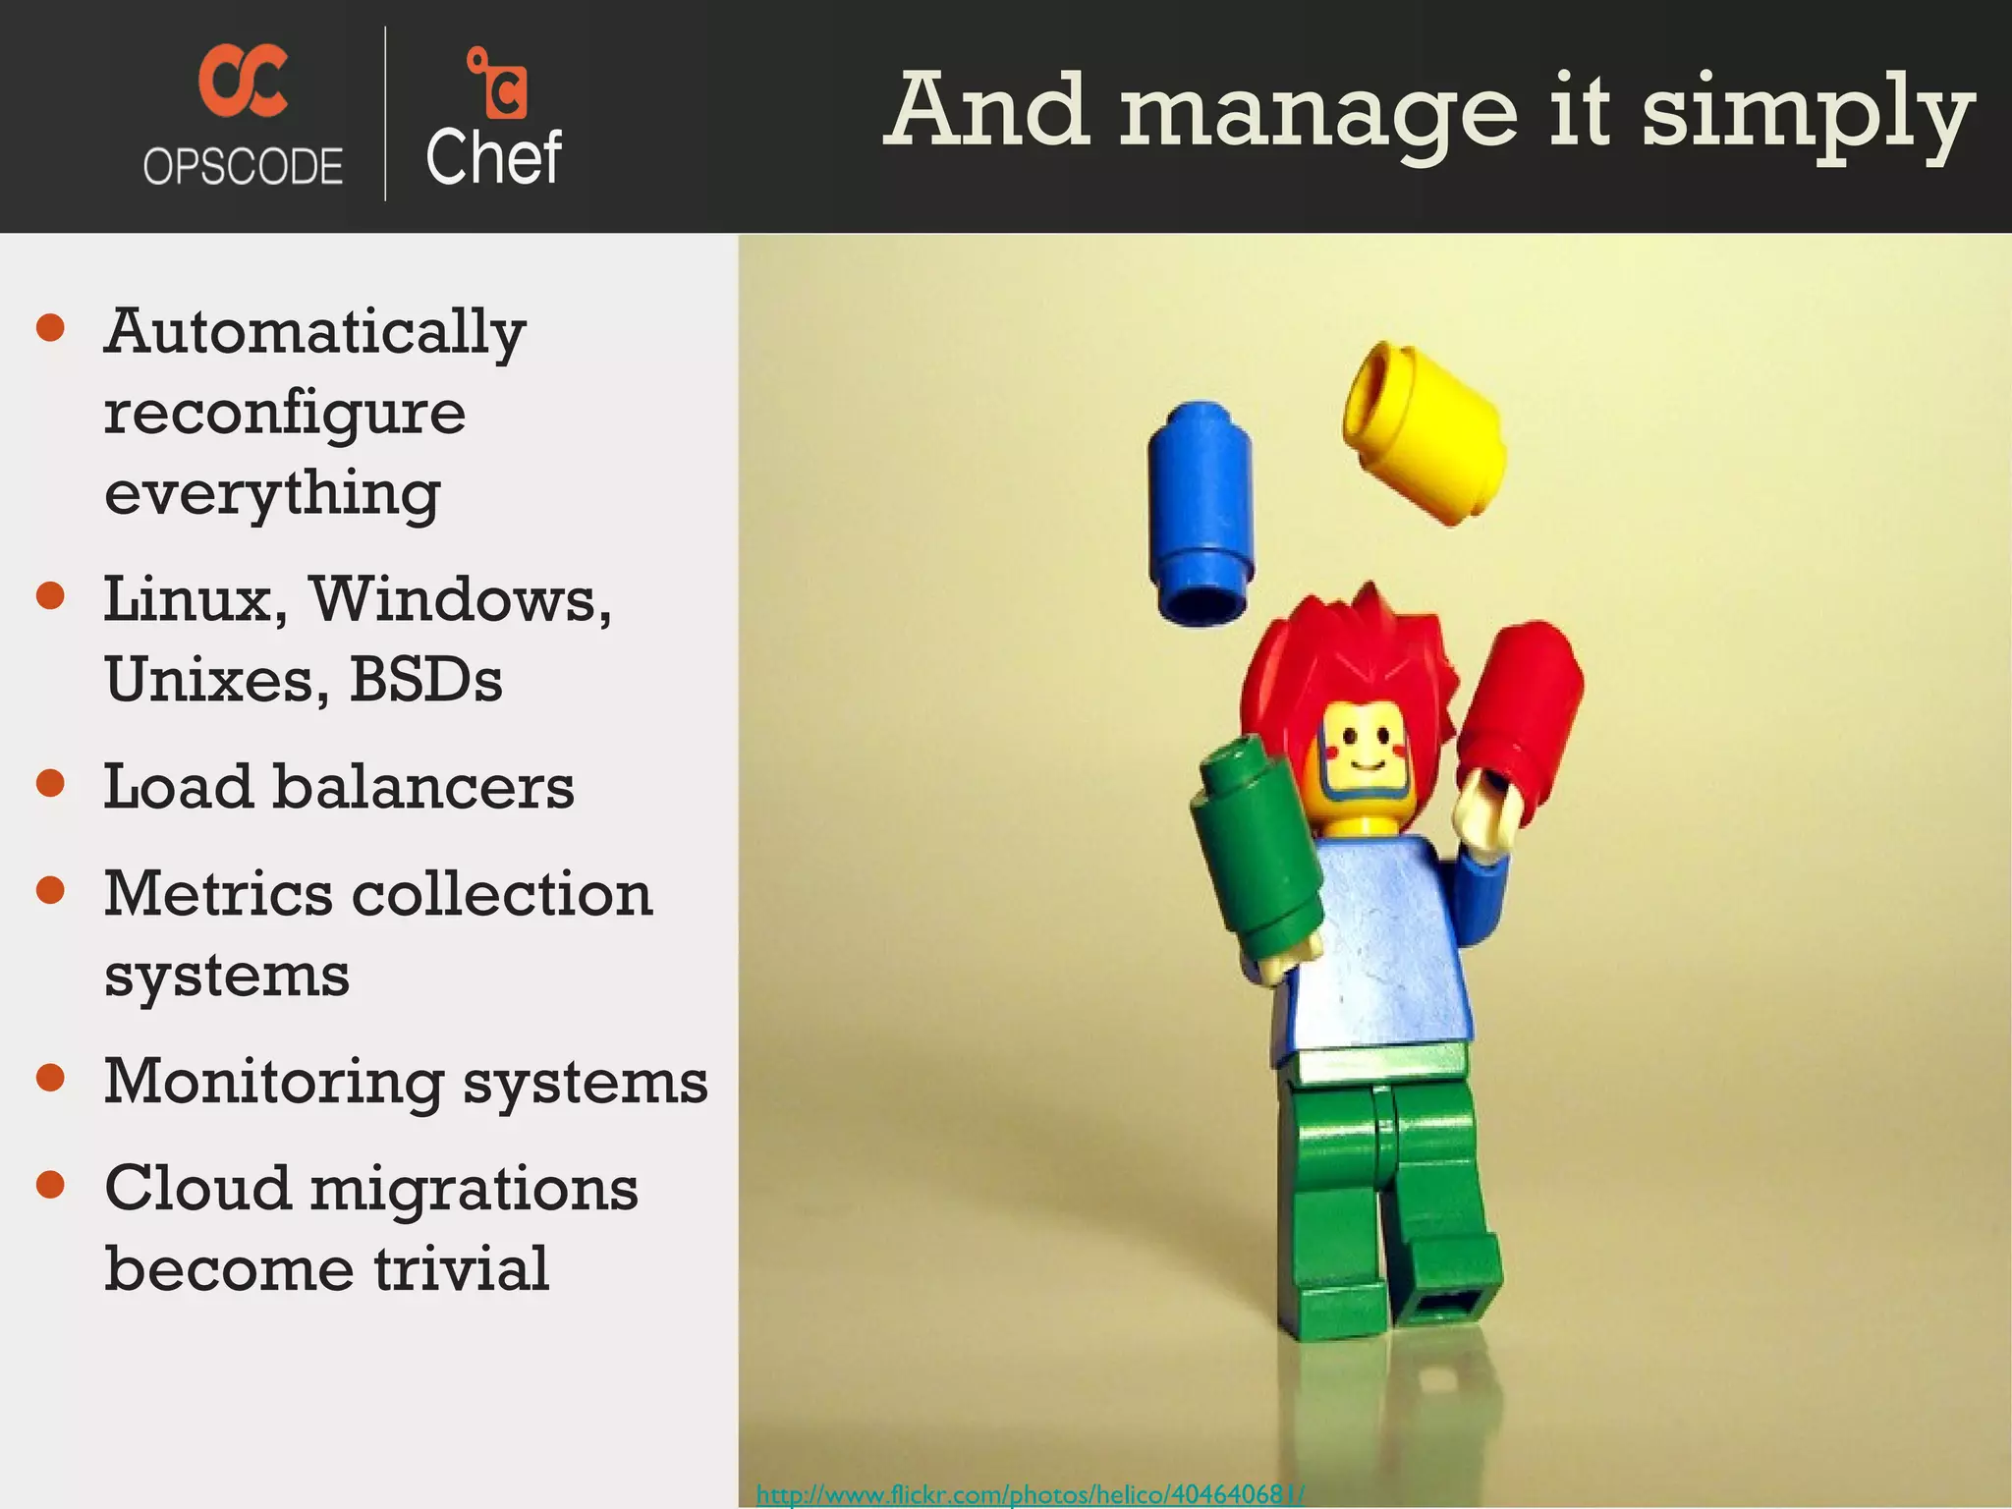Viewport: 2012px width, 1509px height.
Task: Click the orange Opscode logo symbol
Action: pyautogui.click(x=243, y=83)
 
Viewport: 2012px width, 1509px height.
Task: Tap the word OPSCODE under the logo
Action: pyautogui.click(x=243, y=166)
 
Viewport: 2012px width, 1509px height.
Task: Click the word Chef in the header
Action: pyautogui.click(x=493, y=157)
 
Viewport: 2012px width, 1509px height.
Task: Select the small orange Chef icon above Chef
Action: pyautogui.click(x=498, y=83)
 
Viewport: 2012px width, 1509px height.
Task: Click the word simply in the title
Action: pyautogui.click(x=1807, y=113)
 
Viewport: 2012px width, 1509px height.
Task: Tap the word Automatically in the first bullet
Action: pyautogui.click(x=314, y=332)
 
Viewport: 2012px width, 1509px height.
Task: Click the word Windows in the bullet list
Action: pyautogui.click(x=461, y=598)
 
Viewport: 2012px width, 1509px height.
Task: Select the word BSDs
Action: pyautogui.click(x=425, y=679)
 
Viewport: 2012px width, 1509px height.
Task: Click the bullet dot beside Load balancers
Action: pyautogui.click(x=50, y=783)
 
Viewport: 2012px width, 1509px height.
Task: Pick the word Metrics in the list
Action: pyautogui.click(x=218, y=894)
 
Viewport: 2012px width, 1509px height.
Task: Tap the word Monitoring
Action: pyautogui.click(x=274, y=1082)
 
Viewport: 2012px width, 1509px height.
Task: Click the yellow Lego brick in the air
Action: pyautogui.click(x=1425, y=432)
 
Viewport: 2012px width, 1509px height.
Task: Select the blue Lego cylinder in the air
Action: pyautogui.click(x=1201, y=511)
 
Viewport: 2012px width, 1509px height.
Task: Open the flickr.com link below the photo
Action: pyautogui.click(x=1030, y=1494)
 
